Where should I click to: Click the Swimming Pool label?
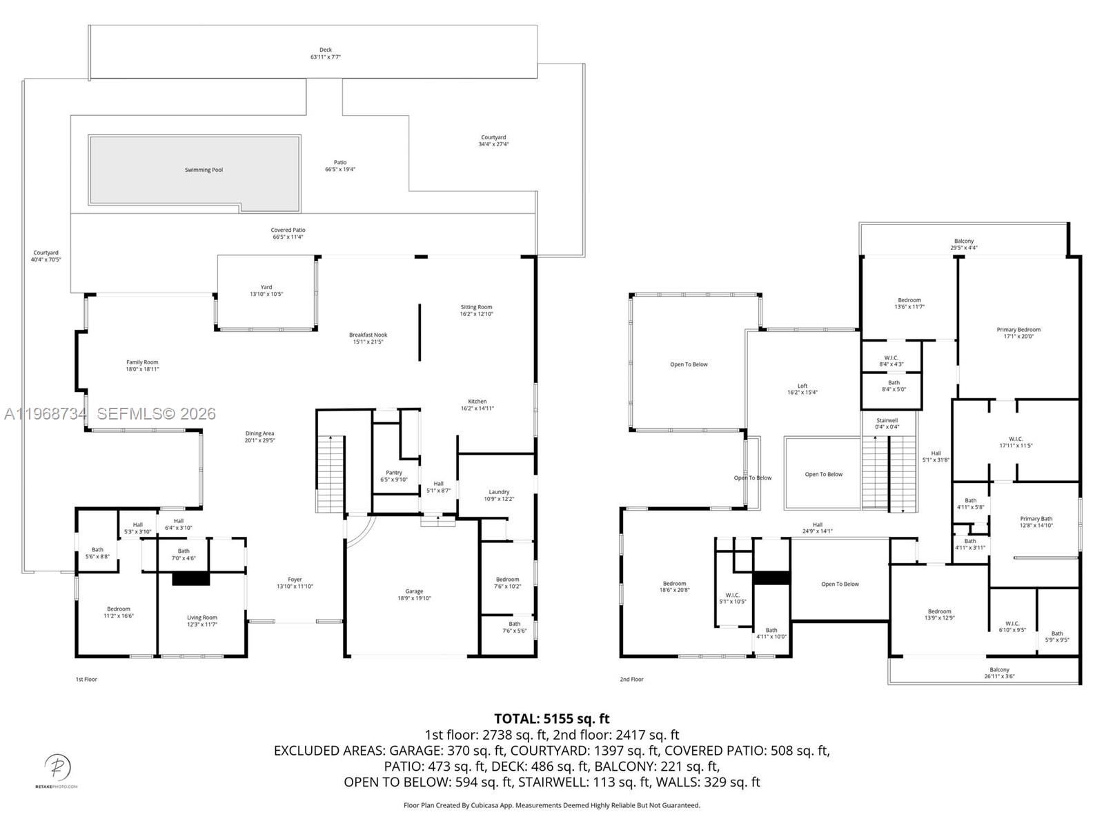(x=204, y=170)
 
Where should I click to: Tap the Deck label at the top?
(x=325, y=50)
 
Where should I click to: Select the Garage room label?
(x=414, y=591)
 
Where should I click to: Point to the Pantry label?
(x=394, y=473)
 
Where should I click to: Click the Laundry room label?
(x=499, y=492)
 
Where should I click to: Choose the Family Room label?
(x=142, y=362)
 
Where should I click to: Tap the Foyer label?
(x=295, y=580)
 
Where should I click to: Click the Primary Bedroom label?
(x=1018, y=330)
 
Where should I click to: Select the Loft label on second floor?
(x=802, y=386)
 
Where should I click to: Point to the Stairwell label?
(x=887, y=420)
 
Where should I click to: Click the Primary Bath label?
(x=1036, y=519)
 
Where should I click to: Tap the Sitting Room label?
(x=476, y=307)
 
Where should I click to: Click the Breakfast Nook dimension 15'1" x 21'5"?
(x=368, y=342)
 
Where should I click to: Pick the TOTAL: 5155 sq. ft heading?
(x=551, y=719)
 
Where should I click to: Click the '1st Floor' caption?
(x=86, y=679)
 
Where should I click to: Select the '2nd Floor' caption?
(x=631, y=679)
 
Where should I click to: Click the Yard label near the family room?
(x=266, y=287)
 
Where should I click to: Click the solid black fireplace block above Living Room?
(x=190, y=578)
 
